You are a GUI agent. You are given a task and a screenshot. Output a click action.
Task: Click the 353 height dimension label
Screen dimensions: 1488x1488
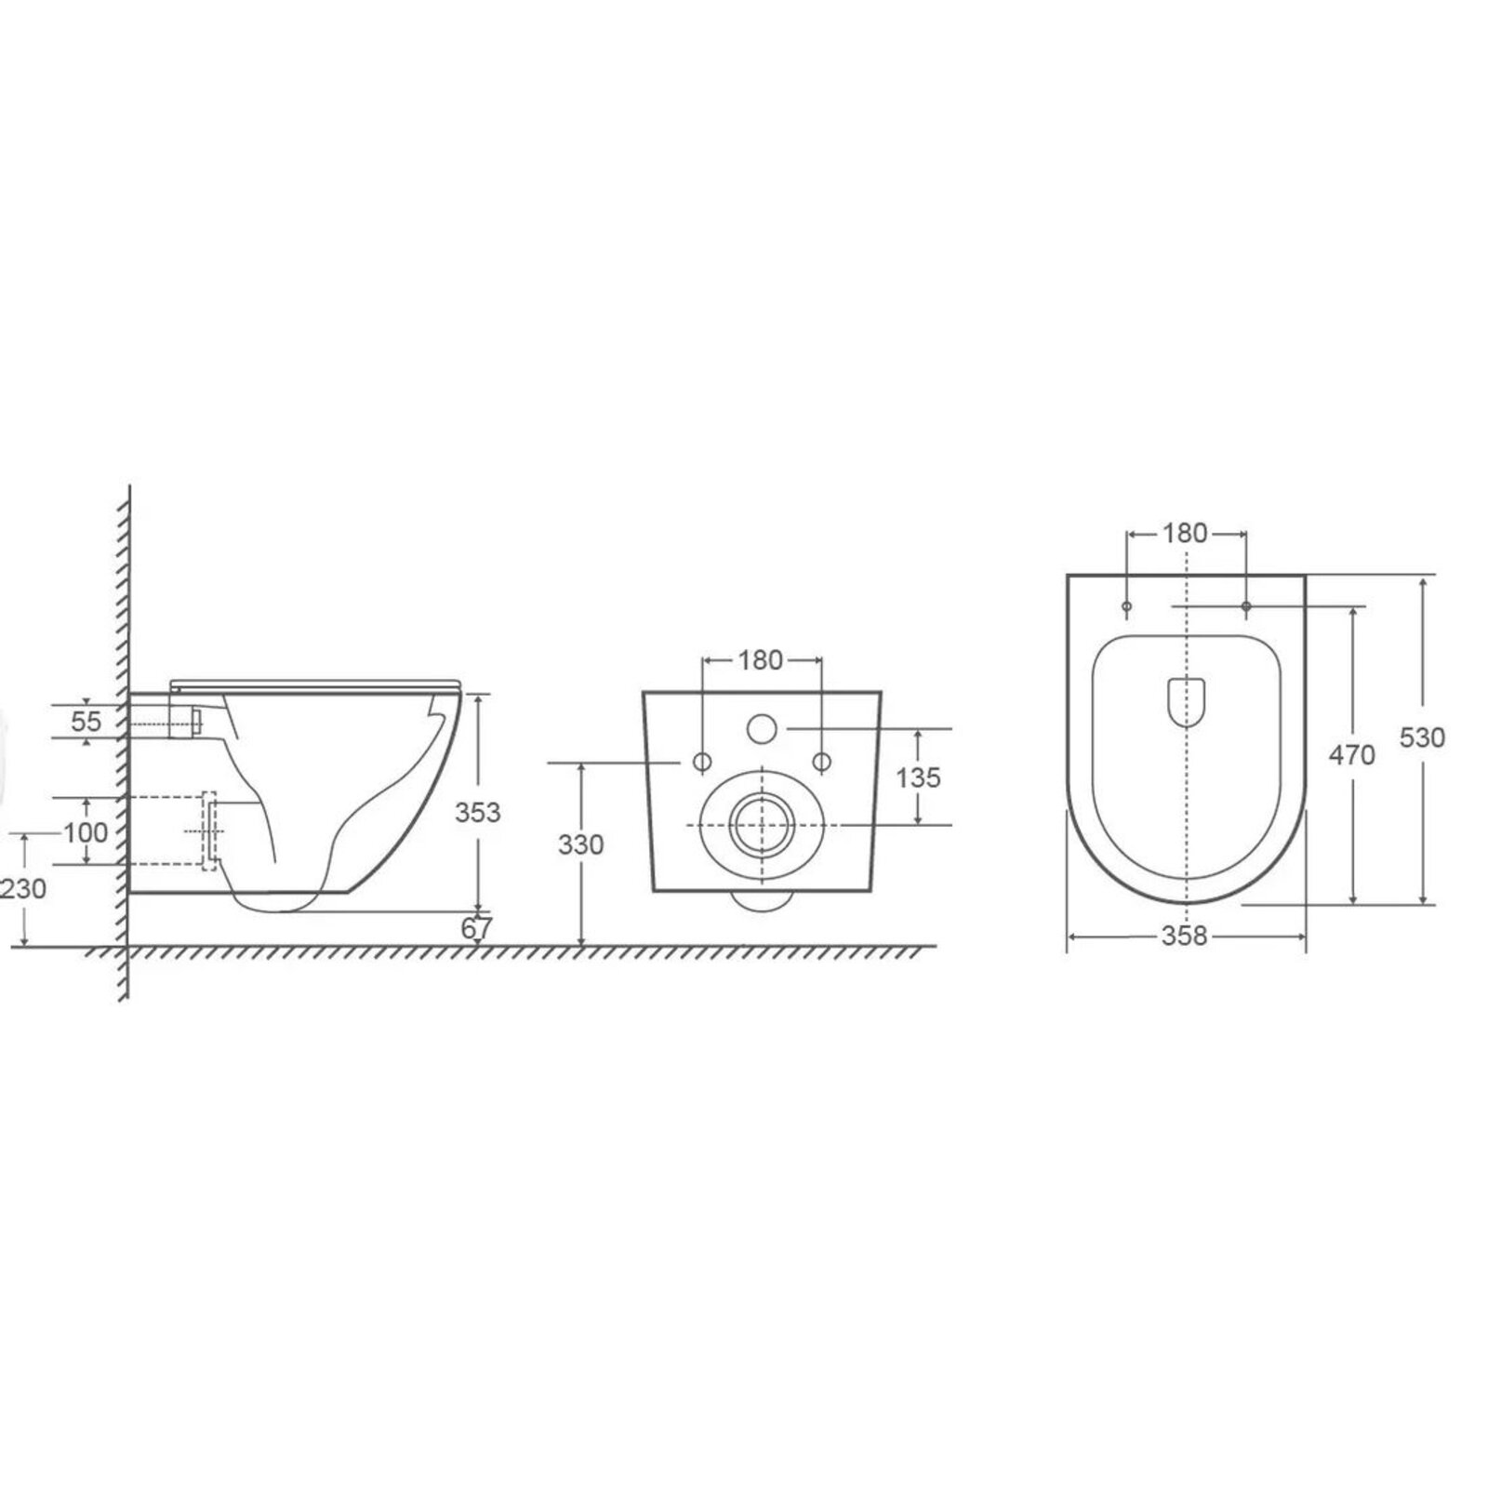477,812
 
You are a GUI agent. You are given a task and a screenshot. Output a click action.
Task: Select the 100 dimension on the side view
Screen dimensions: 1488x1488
86,831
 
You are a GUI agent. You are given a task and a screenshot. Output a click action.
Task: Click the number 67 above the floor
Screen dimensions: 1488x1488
476,927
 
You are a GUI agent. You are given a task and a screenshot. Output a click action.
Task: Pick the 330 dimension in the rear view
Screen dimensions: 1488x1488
581,844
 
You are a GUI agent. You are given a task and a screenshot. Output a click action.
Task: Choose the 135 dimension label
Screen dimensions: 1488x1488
919,777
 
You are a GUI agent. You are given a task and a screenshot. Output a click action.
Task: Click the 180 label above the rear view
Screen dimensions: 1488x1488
761,660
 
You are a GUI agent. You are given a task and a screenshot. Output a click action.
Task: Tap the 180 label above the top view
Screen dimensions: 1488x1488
1185,533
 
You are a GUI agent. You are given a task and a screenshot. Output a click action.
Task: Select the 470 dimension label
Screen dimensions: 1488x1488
1351,755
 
